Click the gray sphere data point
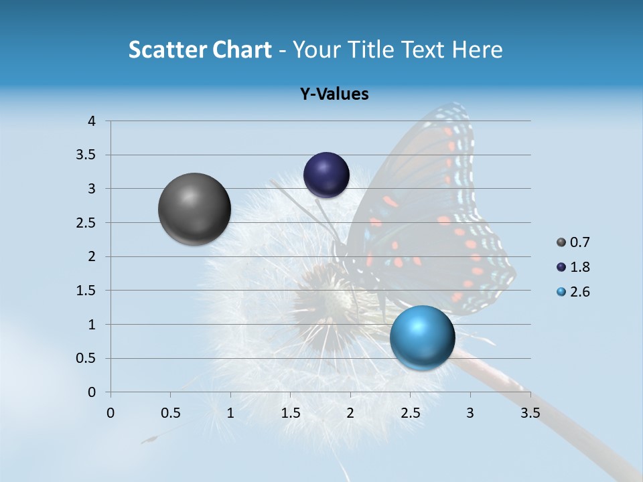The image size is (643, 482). (x=195, y=209)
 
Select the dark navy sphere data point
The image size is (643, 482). (x=326, y=175)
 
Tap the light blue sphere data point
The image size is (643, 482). (x=422, y=337)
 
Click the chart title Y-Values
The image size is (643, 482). (x=334, y=94)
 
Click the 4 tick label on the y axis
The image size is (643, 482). (x=92, y=121)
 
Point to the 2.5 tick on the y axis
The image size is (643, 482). (x=86, y=223)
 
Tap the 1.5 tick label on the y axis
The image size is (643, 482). (x=86, y=291)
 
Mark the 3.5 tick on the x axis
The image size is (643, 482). (x=530, y=413)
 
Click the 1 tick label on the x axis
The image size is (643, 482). (x=230, y=413)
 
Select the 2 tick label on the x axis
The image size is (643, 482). (x=350, y=413)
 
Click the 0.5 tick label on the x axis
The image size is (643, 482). (x=170, y=413)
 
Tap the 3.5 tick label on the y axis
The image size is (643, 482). (x=86, y=155)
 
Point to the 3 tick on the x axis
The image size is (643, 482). (x=470, y=413)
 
